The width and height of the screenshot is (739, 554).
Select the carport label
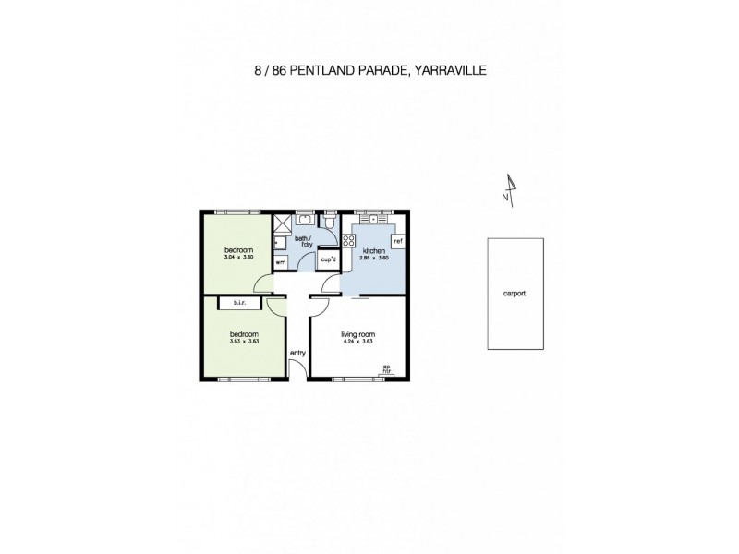point(515,293)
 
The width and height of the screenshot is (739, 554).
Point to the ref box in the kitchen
point(398,241)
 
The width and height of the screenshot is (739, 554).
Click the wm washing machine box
point(281,262)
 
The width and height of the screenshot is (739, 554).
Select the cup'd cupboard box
point(328,261)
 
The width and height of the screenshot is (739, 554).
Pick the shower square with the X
point(281,223)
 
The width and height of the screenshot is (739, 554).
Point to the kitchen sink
point(374,221)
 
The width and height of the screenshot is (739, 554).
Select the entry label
point(297,353)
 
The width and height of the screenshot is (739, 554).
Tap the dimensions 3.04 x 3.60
point(238,258)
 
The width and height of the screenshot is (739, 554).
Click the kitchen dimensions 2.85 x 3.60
point(374,258)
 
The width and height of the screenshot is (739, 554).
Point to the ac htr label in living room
point(388,369)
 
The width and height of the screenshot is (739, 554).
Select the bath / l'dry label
point(303,242)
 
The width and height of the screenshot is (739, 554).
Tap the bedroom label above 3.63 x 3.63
point(243,333)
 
